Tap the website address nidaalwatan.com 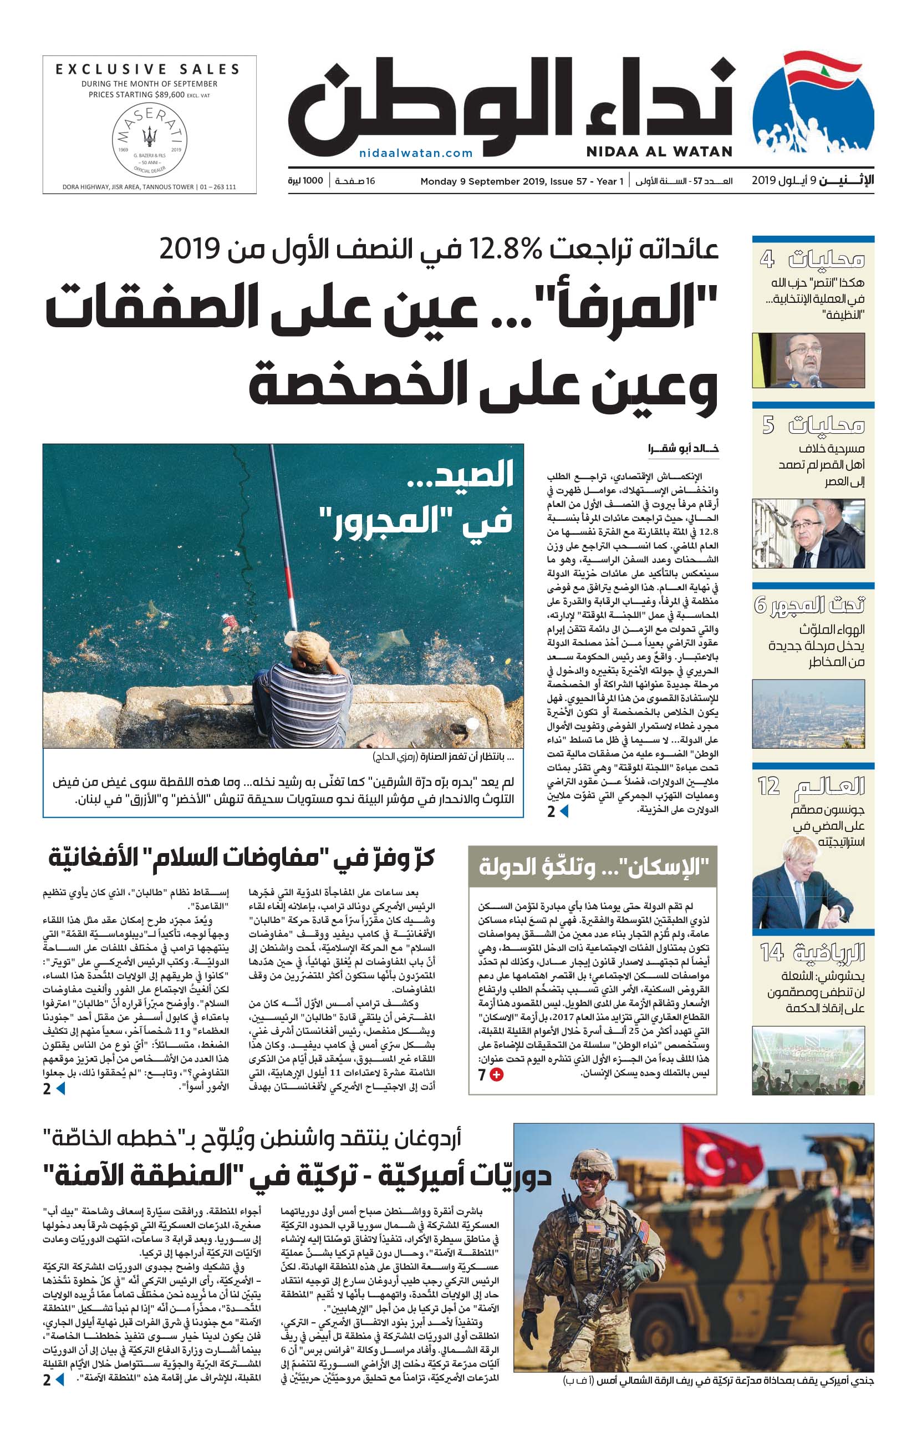416,153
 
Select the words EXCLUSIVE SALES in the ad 147,69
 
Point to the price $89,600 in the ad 162,94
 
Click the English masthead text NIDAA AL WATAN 659,151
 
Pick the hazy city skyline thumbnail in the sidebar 808,714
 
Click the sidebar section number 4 767,260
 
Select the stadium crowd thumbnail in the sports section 808,1061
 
